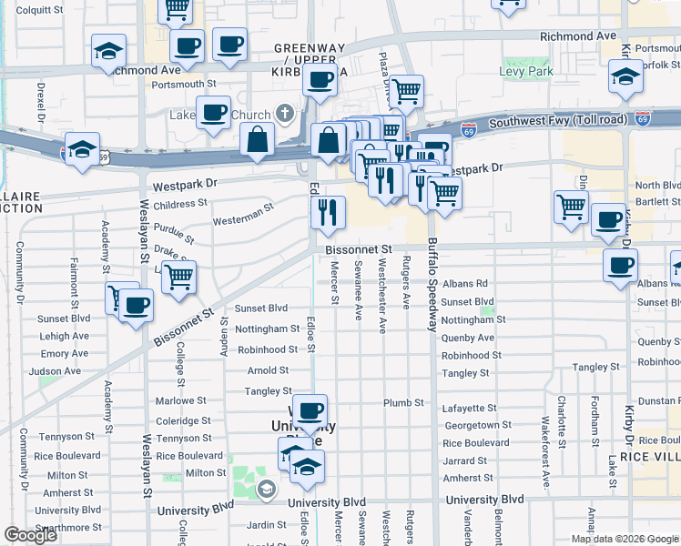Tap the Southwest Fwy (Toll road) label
(557, 121)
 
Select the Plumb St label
(403, 403)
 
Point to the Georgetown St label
(471, 425)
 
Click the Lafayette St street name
(469, 409)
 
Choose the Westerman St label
(242, 216)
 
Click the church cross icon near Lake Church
(285, 114)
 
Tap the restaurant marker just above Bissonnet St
(328, 214)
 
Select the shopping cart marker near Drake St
(179, 277)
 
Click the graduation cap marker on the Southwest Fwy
(81, 151)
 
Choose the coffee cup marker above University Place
(310, 411)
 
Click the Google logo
(30, 535)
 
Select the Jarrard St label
(466, 460)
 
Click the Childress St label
(179, 204)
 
